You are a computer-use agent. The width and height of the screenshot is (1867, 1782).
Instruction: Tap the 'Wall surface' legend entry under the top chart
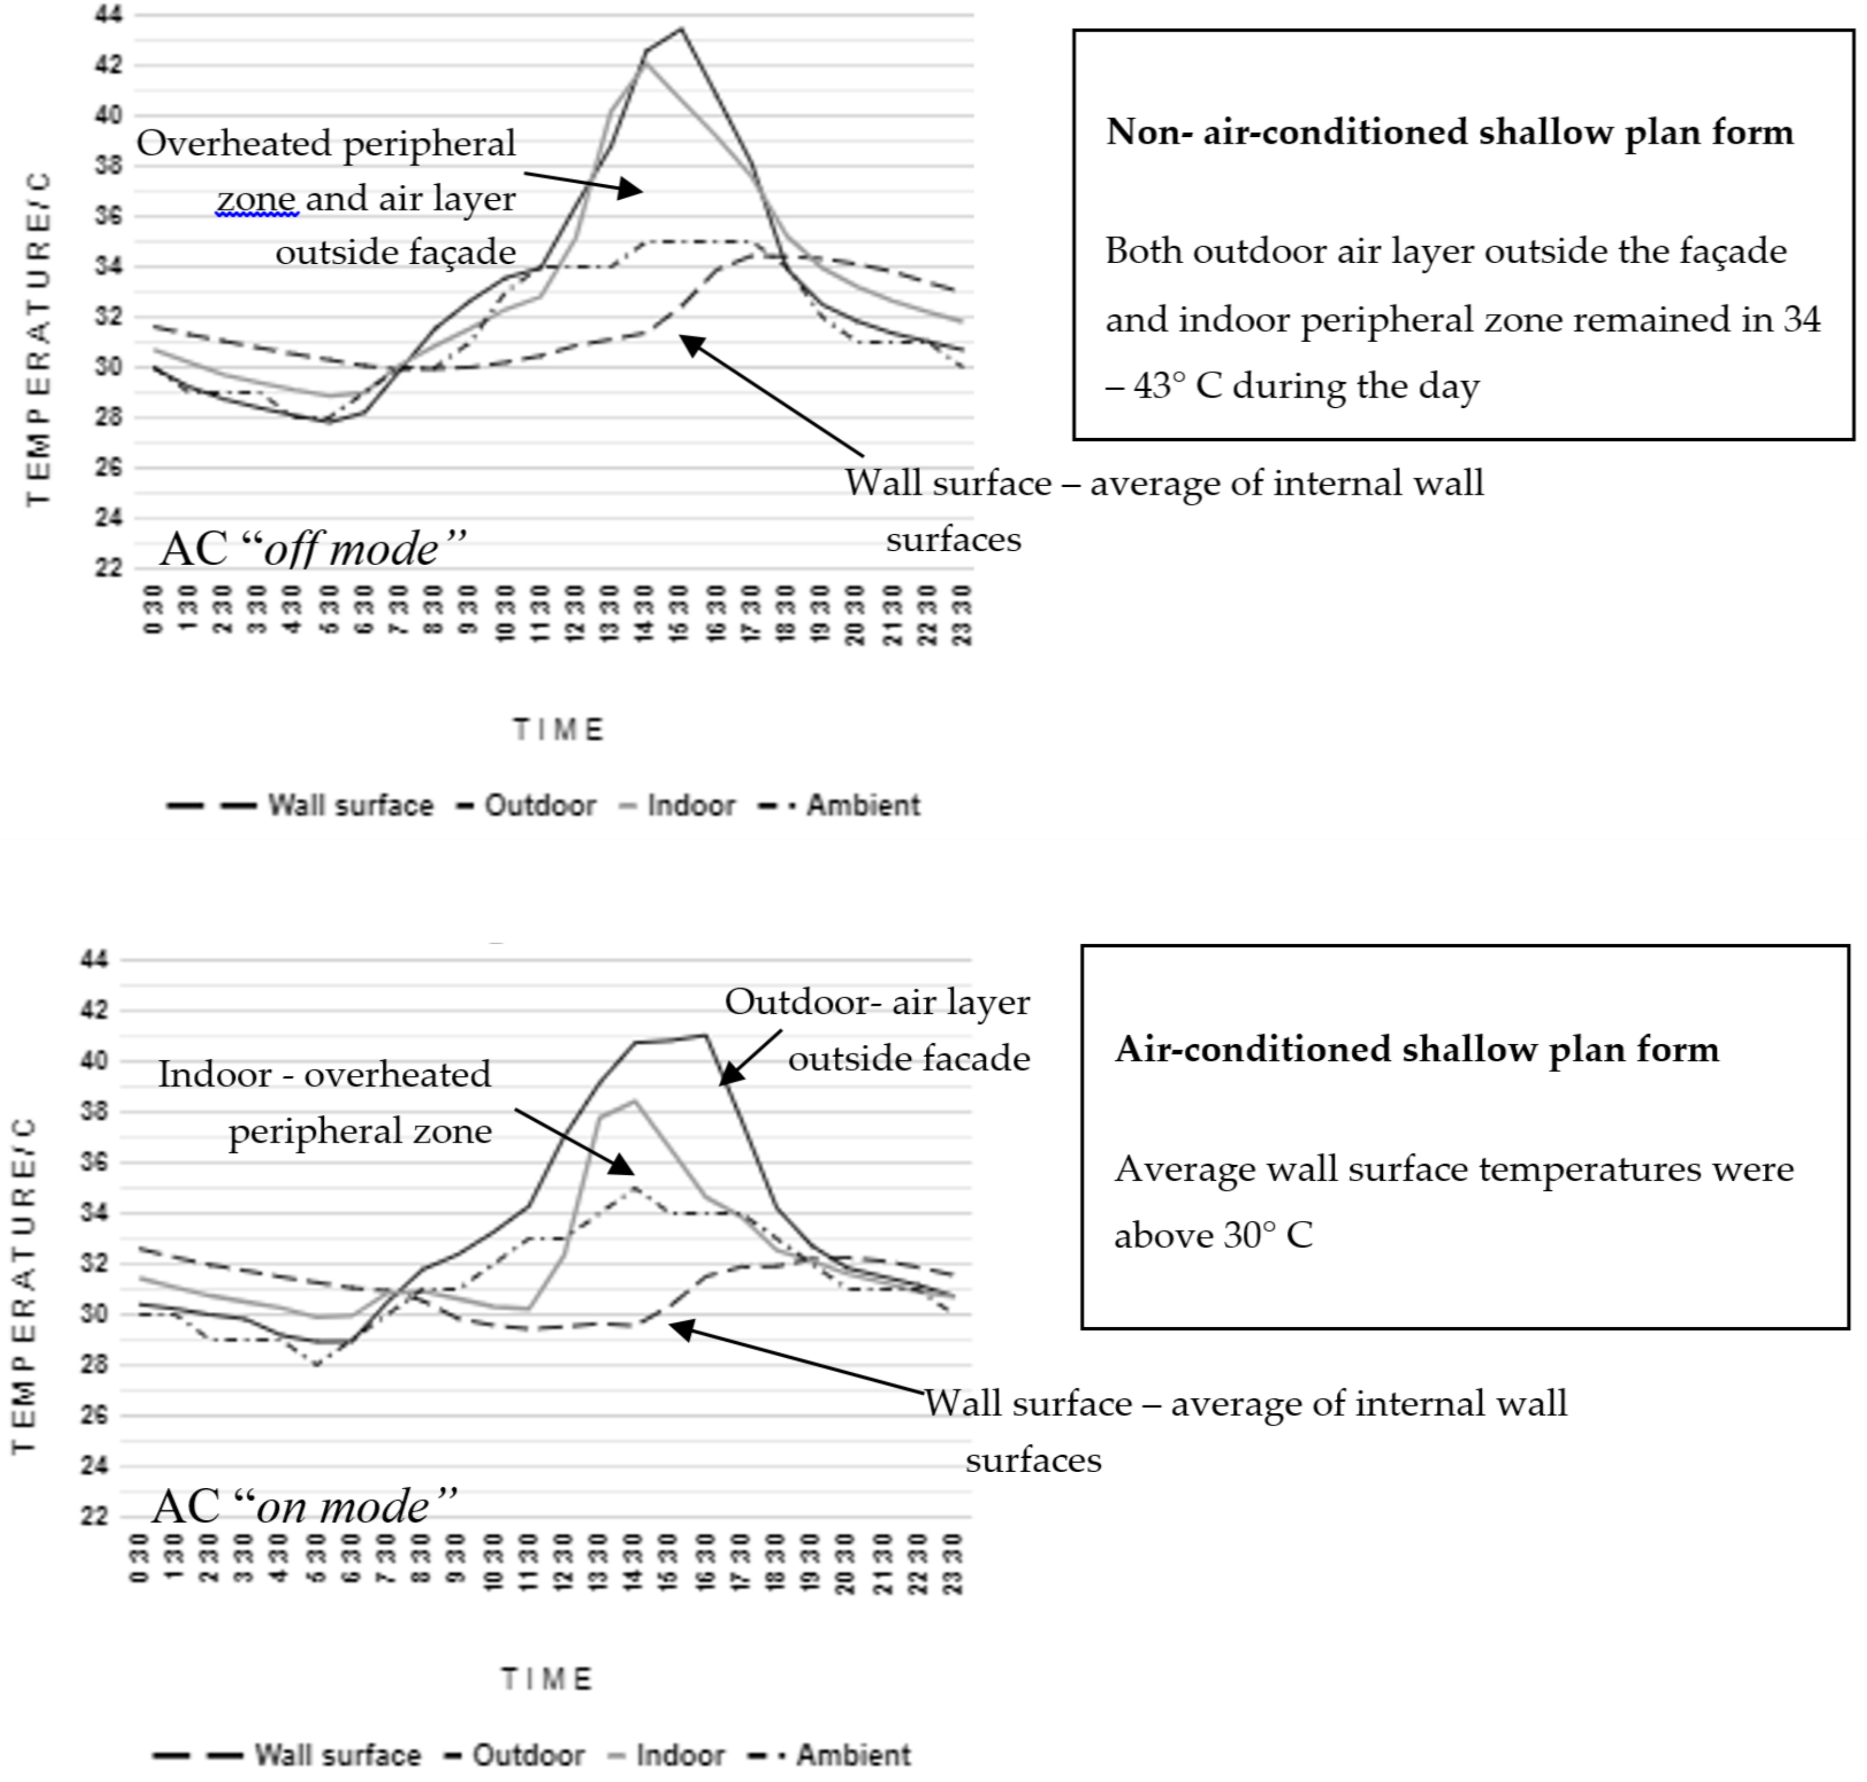click(350, 805)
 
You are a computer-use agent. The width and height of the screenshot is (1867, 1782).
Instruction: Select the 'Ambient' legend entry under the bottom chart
click(852, 1755)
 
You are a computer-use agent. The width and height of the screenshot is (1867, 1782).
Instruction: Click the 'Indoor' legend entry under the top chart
click(691, 805)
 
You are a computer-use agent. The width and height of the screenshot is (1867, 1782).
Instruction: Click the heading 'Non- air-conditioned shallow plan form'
click(1449, 132)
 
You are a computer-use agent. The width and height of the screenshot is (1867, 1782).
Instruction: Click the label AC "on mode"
click(304, 1506)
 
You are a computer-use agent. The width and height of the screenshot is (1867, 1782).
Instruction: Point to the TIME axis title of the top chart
click(559, 729)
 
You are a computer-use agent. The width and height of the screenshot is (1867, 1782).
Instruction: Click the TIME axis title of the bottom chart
click(547, 1679)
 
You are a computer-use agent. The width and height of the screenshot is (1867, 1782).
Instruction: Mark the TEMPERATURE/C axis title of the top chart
click(38, 338)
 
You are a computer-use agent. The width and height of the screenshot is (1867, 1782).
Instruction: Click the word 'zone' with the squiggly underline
click(257, 199)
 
